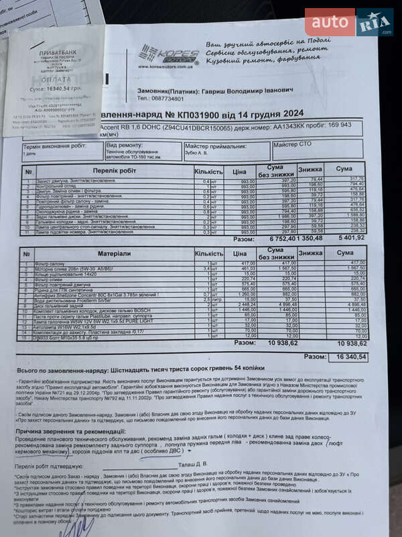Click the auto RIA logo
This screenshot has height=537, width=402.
[x=348, y=23]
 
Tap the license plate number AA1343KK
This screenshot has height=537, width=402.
[x=277, y=126]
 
